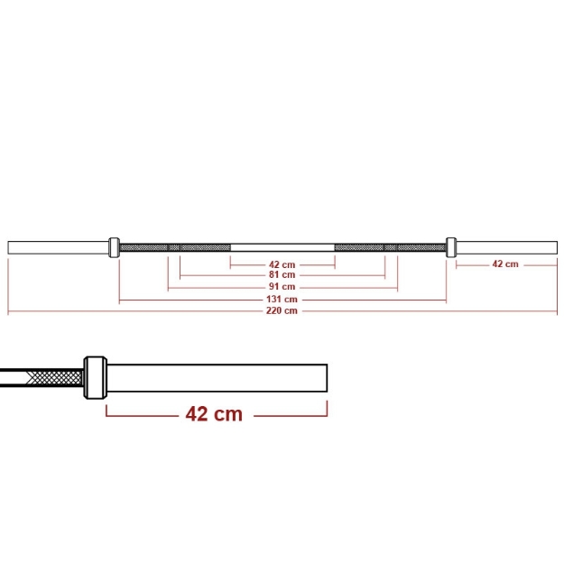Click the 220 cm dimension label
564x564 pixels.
[x=282, y=310]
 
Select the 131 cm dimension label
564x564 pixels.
[x=282, y=299]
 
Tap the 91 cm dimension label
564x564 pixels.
[x=282, y=287]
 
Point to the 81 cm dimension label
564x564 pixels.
[x=282, y=275]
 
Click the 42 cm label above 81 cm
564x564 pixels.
[x=282, y=264]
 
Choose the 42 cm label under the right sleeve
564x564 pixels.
[x=505, y=264]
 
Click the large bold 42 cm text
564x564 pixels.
[x=214, y=413]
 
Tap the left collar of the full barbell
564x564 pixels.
[x=115, y=246]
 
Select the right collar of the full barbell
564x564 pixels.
[x=451, y=246]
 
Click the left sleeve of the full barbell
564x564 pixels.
[x=58, y=246]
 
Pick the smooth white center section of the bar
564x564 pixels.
[x=282, y=246]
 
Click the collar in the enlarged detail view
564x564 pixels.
[x=95, y=377]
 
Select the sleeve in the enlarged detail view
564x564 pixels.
[x=217, y=377]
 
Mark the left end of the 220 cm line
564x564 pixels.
[x=8, y=310]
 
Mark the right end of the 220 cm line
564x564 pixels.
[x=557, y=310]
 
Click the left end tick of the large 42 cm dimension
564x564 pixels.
[x=106, y=411]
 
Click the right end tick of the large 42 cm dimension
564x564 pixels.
[x=327, y=411]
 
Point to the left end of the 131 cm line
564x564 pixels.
[x=120, y=299]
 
